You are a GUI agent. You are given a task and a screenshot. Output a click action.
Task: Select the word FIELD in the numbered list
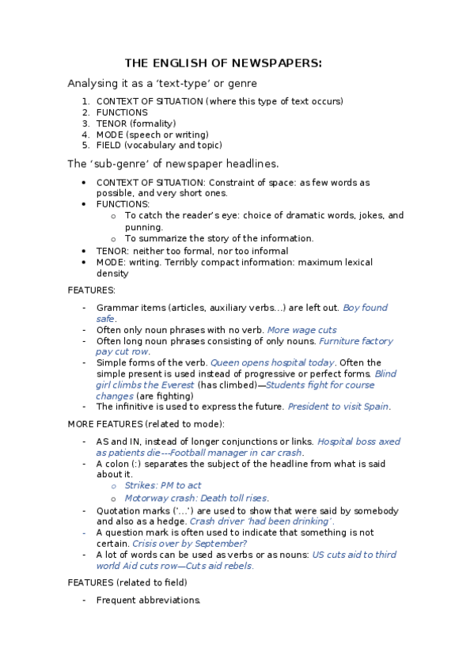click(x=109, y=146)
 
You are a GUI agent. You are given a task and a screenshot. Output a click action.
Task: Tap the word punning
click(x=144, y=227)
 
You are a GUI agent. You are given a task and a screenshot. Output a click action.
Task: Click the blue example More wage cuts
click(x=301, y=330)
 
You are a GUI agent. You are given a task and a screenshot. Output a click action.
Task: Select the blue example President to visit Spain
click(x=338, y=407)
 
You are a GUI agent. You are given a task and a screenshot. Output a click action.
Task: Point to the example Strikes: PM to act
click(x=163, y=486)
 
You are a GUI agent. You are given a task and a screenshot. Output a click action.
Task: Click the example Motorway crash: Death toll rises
click(x=196, y=499)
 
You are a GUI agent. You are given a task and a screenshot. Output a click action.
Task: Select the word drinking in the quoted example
click(x=309, y=521)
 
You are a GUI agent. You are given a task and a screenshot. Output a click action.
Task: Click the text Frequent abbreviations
click(x=148, y=601)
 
